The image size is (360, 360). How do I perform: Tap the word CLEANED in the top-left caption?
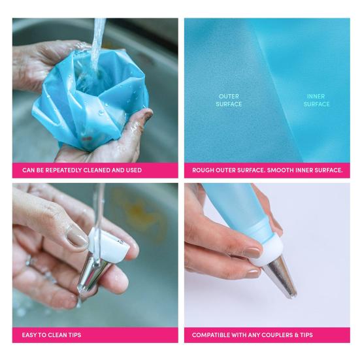(x=104, y=170)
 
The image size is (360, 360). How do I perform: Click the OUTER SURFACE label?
(x=229, y=100)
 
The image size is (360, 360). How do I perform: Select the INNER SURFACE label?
(x=316, y=100)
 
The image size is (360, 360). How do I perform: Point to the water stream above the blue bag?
(x=98, y=33)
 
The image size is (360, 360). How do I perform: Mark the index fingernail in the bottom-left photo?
(x=77, y=237)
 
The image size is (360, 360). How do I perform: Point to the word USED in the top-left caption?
(x=133, y=170)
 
